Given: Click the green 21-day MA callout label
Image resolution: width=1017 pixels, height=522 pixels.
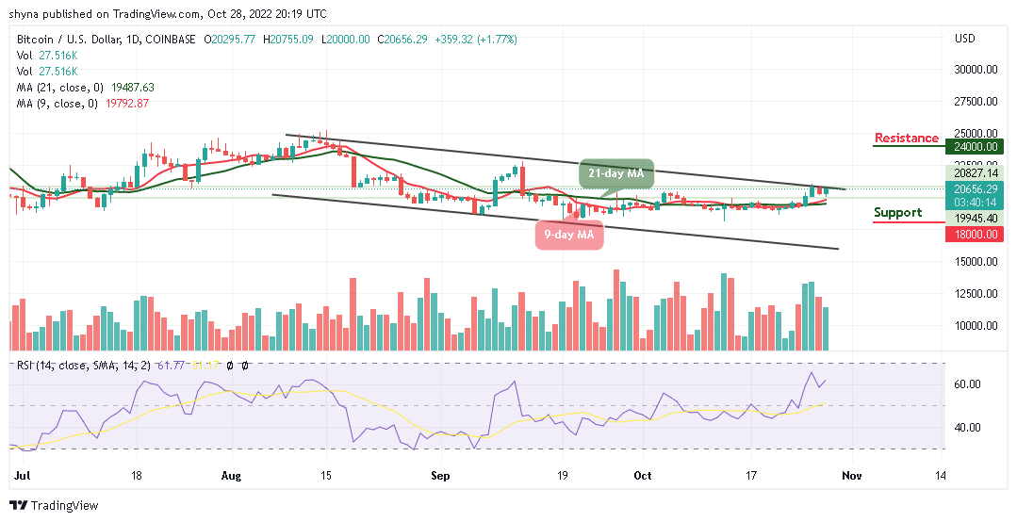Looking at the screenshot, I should click(616, 173).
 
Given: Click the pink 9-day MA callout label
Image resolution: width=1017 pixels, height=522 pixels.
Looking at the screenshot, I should click(569, 235).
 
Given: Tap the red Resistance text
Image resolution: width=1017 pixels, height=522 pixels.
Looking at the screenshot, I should click(906, 139).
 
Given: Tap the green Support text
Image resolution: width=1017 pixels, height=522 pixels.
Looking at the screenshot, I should click(897, 213).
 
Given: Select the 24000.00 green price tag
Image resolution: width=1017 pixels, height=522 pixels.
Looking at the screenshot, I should click(975, 146).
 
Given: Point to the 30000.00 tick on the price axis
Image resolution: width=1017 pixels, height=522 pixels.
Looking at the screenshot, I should click(975, 70).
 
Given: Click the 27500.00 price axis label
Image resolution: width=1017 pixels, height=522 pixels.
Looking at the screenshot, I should click(975, 102).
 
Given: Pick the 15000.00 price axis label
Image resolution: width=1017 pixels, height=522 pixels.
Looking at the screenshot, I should click(975, 262).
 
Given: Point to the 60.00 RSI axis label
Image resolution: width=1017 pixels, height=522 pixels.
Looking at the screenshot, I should click(968, 384).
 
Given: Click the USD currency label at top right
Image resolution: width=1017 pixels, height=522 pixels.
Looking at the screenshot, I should click(964, 39).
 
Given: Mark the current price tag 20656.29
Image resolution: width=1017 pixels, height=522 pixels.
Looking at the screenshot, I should click(975, 188).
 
